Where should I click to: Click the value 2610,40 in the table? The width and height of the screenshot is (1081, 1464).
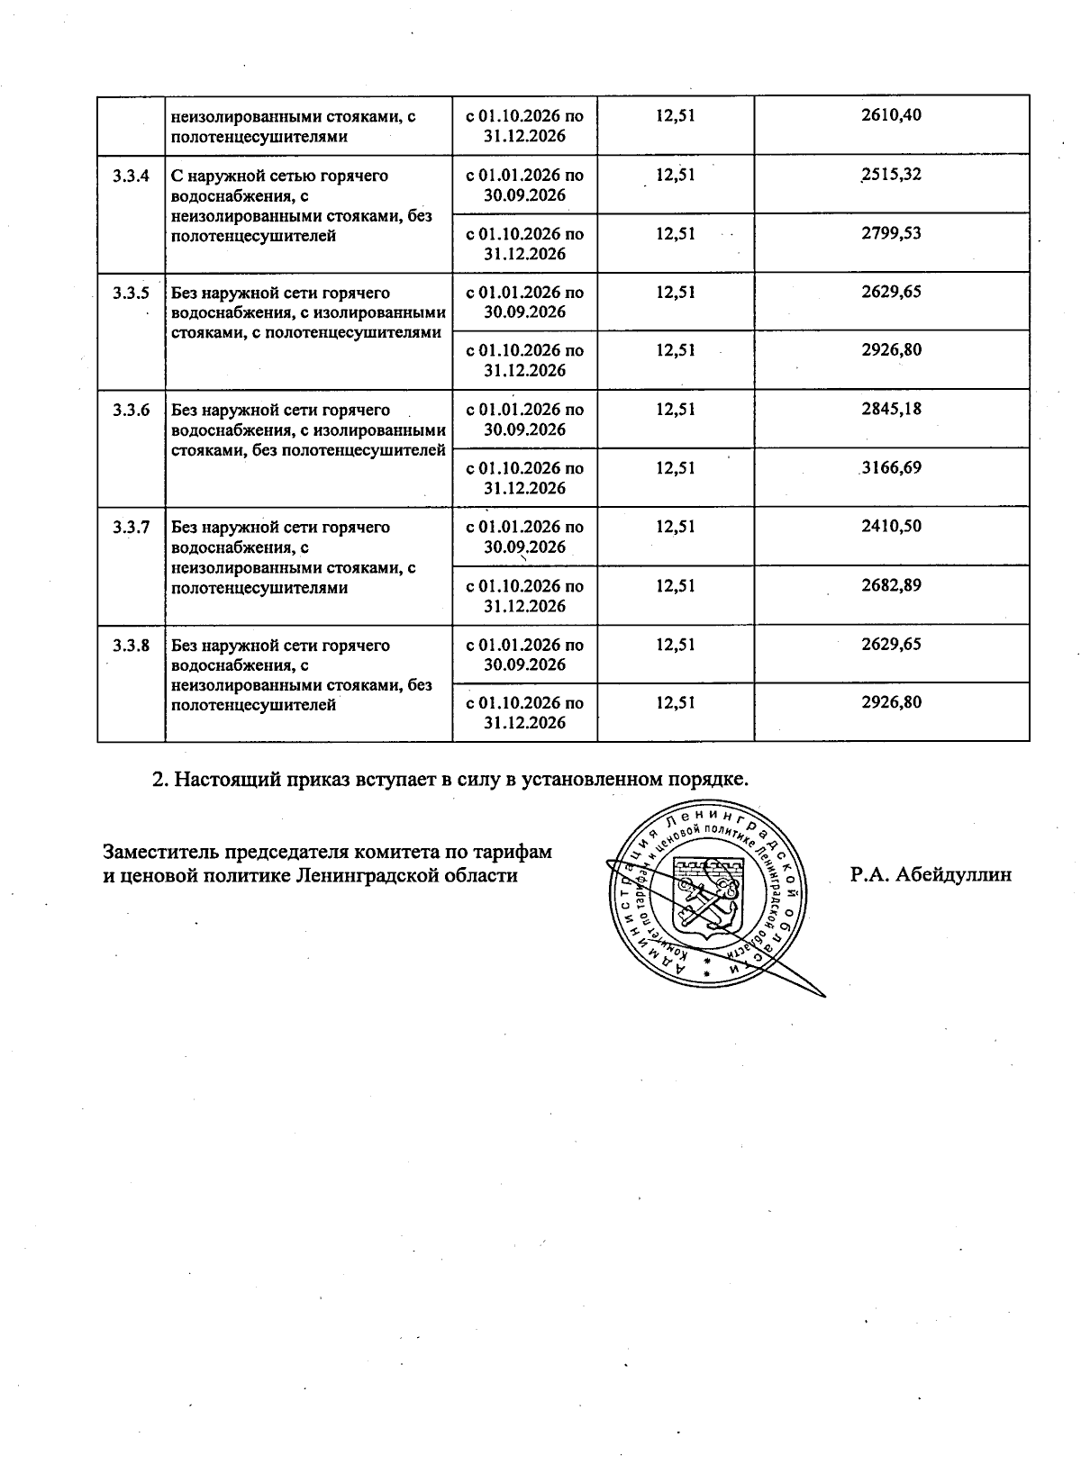tap(891, 115)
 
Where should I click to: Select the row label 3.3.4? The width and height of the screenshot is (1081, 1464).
tap(132, 176)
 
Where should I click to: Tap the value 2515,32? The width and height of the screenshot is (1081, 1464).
tap(891, 174)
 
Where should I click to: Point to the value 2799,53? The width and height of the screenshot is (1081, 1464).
tap(891, 233)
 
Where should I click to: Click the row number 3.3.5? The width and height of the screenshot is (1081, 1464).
tap(132, 293)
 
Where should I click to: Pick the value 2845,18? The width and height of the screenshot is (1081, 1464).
tap(891, 409)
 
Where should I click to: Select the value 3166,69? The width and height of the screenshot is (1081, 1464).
tap(891, 468)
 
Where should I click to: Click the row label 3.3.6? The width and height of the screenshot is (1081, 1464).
tap(132, 411)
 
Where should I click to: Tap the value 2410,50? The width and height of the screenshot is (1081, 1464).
tap(891, 527)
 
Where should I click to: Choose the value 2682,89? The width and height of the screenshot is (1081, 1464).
tap(891, 585)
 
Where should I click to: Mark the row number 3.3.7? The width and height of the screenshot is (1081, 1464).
tap(132, 528)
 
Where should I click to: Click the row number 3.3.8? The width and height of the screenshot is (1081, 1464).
tap(132, 646)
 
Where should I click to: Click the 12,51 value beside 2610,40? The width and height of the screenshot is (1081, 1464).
tap(675, 115)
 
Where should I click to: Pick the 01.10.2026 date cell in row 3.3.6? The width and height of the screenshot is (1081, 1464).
tap(524, 478)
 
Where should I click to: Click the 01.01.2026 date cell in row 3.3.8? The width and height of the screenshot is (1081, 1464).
tap(524, 655)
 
